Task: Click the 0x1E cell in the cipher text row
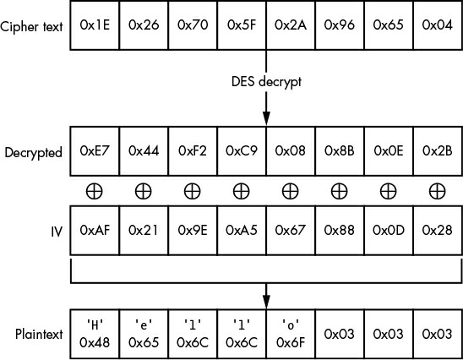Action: click(95, 25)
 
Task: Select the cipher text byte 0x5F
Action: click(242, 25)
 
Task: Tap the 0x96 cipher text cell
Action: click(340, 25)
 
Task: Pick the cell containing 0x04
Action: click(438, 25)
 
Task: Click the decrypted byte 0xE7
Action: click(95, 151)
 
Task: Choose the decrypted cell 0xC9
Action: click(242, 151)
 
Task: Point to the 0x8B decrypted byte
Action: click(340, 151)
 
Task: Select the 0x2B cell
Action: click(438, 151)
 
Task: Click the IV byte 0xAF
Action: click(95, 231)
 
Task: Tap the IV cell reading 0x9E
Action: click(193, 231)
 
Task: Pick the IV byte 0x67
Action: click(291, 231)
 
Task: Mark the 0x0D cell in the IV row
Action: click(389, 231)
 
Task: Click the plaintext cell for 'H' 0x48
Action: click(95, 334)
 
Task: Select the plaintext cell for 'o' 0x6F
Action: click(291, 334)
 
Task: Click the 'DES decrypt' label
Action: click(266, 82)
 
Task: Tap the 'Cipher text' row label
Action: click(31, 26)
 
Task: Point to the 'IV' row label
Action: click(57, 232)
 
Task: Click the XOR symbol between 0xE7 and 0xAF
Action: click(94, 191)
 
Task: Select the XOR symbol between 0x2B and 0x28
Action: click(437, 191)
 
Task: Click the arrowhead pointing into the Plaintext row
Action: click(266, 301)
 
